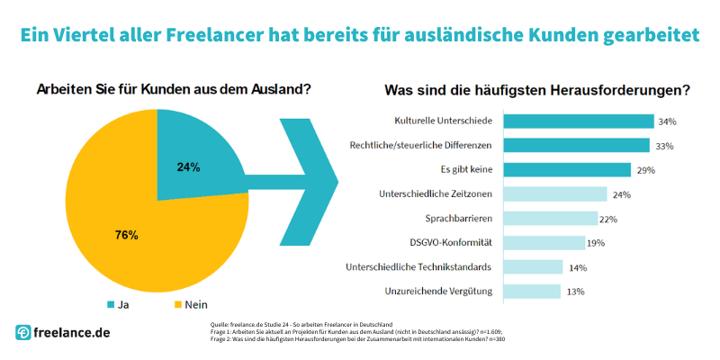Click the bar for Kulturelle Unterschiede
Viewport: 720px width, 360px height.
tap(578, 121)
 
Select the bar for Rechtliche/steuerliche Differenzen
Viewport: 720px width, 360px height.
tap(576, 146)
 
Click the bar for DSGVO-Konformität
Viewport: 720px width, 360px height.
tap(544, 243)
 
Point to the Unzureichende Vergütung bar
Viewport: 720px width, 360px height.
tap(531, 292)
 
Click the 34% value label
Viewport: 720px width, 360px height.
tap(667, 121)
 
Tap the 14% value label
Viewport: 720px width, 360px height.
tap(577, 267)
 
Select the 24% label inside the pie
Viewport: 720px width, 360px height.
tap(188, 166)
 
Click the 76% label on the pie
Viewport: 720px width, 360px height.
tap(127, 235)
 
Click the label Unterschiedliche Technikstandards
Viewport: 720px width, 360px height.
tap(418, 267)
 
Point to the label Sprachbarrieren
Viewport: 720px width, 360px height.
tap(458, 219)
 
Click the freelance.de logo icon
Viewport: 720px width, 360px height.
tap(24, 333)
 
